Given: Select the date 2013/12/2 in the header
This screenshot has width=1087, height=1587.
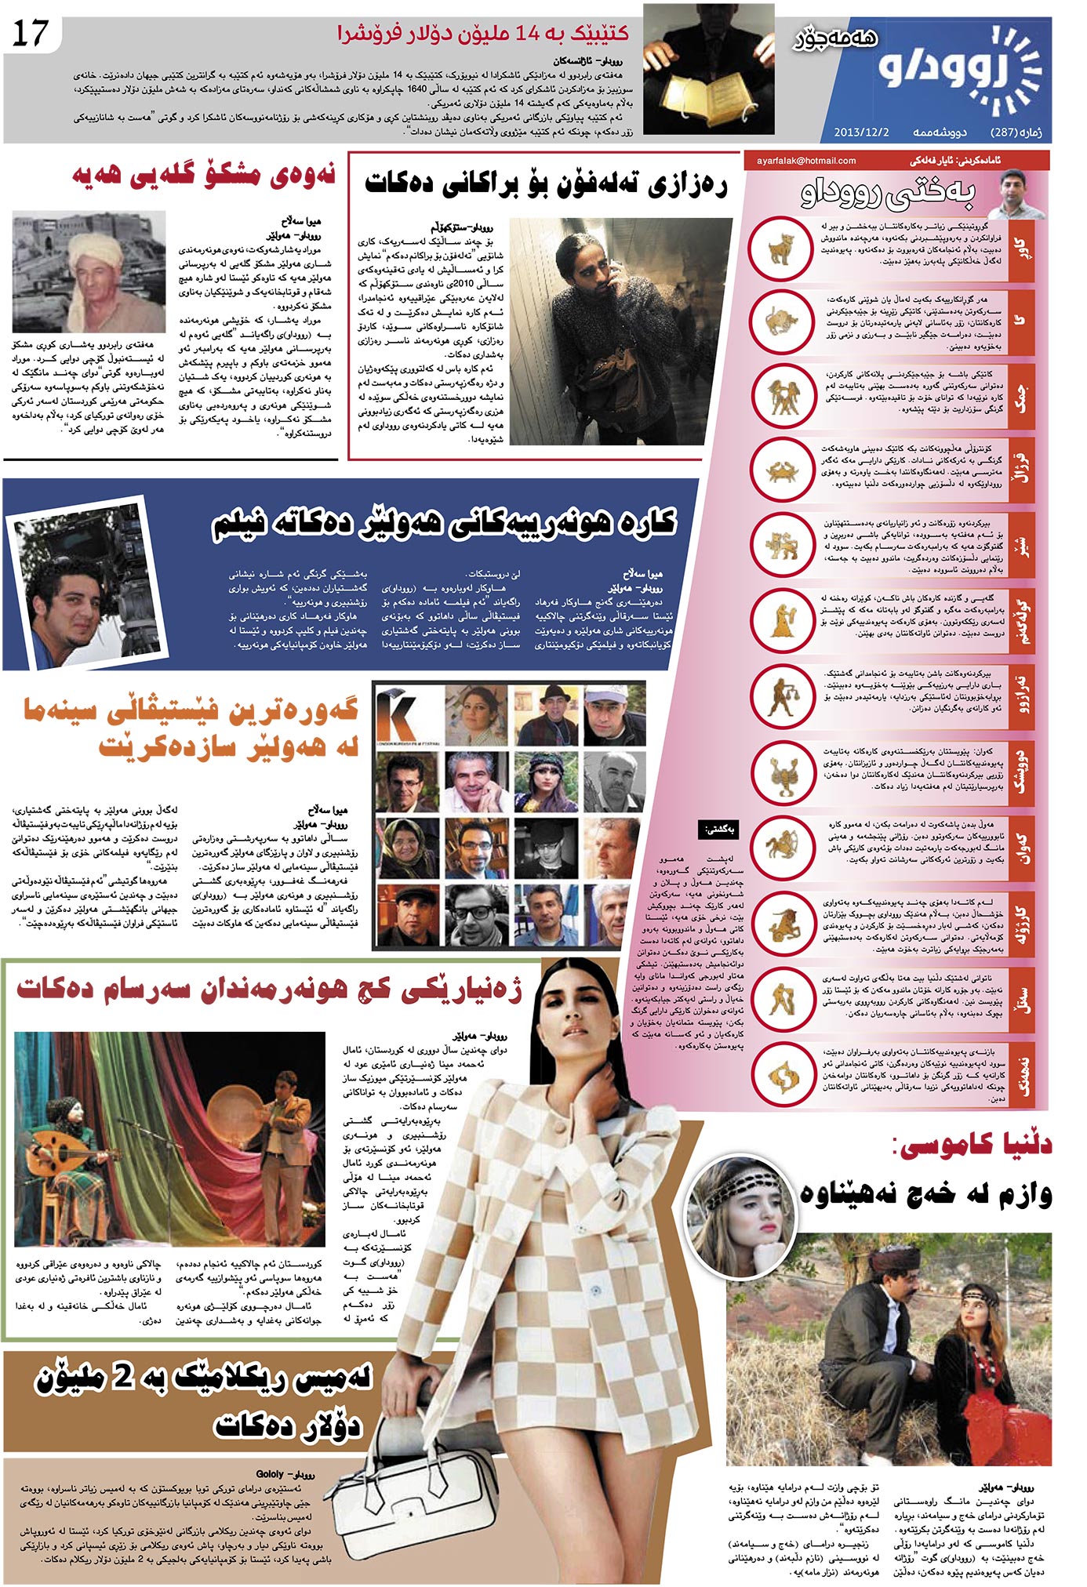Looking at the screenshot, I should pos(861,132).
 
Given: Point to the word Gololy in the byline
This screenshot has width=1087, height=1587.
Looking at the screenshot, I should pos(269,1474).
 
